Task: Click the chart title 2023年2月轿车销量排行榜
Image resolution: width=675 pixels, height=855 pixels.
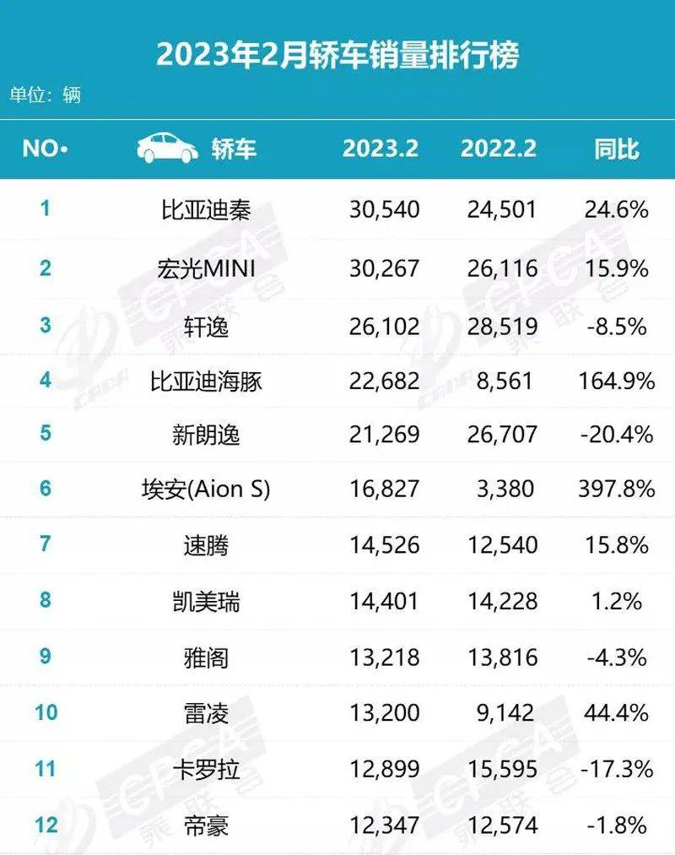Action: pyautogui.click(x=337, y=55)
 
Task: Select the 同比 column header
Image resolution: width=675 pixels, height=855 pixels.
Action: pyautogui.click(x=616, y=149)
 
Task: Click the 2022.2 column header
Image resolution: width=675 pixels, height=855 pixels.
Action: pyautogui.click(x=499, y=149)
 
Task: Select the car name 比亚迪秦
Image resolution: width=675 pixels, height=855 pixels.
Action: pyautogui.click(x=206, y=208)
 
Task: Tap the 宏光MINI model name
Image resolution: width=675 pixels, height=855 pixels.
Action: pyautogui.click(x=206, y=268)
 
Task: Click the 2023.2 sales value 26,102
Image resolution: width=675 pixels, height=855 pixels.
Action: pyautogui.click(x=384, y=325)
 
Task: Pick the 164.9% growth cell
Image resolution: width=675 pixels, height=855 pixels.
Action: pyautogui.click(x=616, y=381)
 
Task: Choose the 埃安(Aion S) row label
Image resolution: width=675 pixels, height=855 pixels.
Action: pyautogui.click(x=206, y=490)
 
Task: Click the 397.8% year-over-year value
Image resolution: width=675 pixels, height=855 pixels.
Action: pyautogui.click(x=616, y=490)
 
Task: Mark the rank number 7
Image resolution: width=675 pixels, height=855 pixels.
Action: pyautogui.click(x=45, y=544)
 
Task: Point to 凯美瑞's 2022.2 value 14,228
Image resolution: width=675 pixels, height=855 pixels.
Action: pyautogui.click(x=502, y=601)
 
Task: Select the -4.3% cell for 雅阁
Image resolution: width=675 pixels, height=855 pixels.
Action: pyautogui.click(x=616, y=657)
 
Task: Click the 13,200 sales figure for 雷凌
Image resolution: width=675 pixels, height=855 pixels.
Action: pyautogui.click(x=384, y=713)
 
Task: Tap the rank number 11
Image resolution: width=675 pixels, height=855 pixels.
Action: pyautogui.click(x=45, y=768)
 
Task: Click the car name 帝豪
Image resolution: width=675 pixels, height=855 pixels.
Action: pyautogui.click(x=206, y=824)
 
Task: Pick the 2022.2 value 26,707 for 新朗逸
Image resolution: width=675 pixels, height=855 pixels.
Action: pyautogui.click(x=502, y=435)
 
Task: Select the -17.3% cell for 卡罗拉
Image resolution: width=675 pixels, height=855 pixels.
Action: pyautogui.click(x=616, y=769)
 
